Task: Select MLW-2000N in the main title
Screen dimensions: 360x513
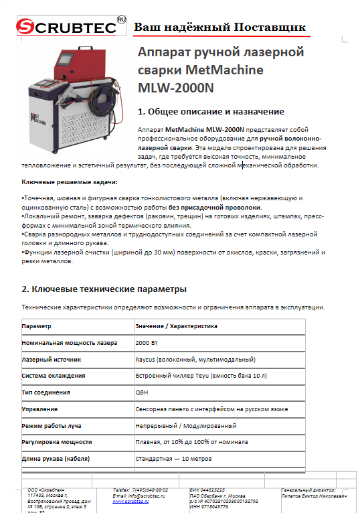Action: click(175, 87)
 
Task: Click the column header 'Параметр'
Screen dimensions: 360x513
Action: click(36, 325)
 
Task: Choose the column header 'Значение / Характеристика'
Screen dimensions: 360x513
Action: click(176, 325)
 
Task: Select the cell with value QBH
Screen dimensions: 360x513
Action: click(142, 392)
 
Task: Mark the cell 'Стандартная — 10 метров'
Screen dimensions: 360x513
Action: click(173, 458)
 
